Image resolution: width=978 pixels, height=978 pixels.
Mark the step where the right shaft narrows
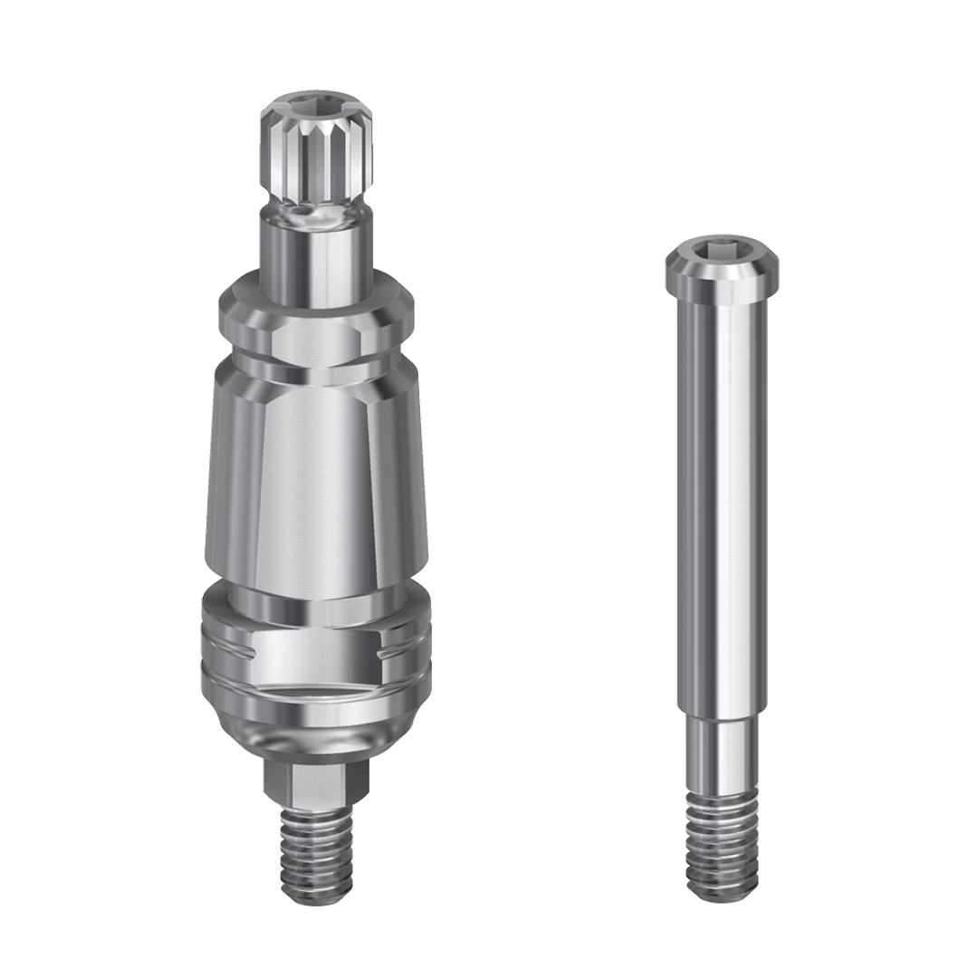pos(722,715)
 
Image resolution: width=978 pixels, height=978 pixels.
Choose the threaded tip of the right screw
pos(722,842)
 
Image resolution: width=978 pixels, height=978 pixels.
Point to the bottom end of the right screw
pos(722,899)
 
